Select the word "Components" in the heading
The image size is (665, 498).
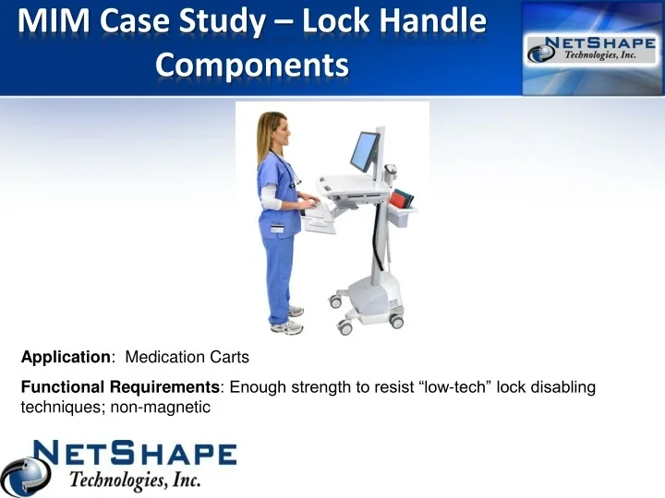pyautogui.click(x=252, y=65)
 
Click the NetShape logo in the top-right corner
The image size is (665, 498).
pyautogui.click(x=590, y=48)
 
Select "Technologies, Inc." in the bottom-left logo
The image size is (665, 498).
pyautogui.click(x=134, y=480)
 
